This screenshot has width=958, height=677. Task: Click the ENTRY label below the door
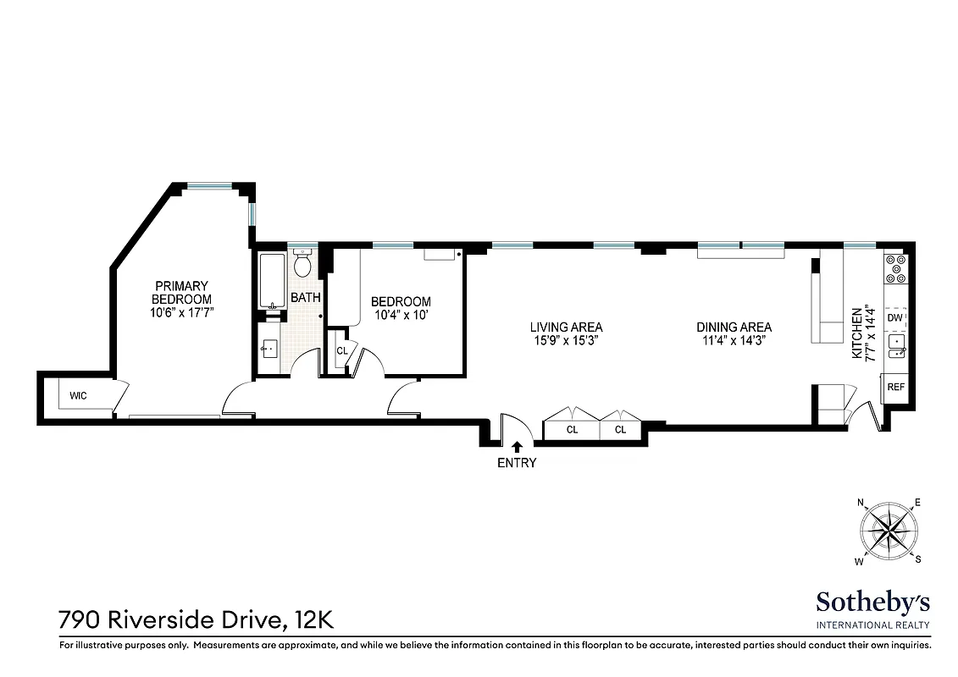[516, 463]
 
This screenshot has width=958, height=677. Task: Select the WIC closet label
[79, 395]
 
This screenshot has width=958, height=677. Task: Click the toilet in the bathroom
[303, 266]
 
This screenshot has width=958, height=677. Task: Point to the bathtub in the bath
[272, 281]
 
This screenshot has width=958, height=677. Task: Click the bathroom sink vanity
[270, 349]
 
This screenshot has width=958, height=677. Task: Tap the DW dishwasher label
[894, 317]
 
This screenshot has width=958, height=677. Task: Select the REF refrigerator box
[895, 387]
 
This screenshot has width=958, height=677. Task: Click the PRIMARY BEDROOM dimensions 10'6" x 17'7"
[181, 312]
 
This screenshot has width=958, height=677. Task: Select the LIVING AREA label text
[566, 327]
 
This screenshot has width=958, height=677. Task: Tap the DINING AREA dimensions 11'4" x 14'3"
[734, 340]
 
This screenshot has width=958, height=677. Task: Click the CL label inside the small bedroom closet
[342, 350]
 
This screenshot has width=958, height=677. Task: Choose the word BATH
[305, 298]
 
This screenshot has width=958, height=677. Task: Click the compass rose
[890, 531]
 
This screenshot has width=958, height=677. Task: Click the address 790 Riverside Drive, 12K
[196, 620]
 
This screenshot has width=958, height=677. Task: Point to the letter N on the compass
[861, 503]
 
